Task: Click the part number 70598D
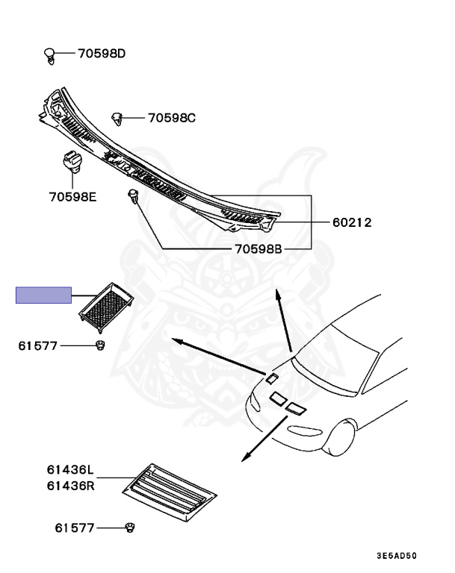pyautogui.click(x=102, y=54)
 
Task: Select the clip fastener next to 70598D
pyautogui.click(x=49, y=54)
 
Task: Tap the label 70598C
pyautogui.click(x=171, y=118)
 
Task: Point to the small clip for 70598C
pyautogui.click(x=117, y=117)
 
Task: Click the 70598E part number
pyautogui.click(x=74, y=197)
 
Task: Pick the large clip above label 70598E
pyautogui.click(x=70, y=160)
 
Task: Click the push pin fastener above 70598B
pyautogui.click(x=133, y=198)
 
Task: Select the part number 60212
pyautogui.click(x=352, y=222)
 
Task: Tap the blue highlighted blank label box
pyautogui.click(x=44, y=295)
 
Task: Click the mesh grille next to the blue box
pyautogui.click(x=105, y=304)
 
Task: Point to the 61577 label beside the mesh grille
pyautogui.click(x=39, y=345)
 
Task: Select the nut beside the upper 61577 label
pyautogui.click(x=99, y=345)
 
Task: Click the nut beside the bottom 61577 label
pyautogui.click(x=131, y=528)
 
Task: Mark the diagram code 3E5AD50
pyautogui.click(x=396, y=556)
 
